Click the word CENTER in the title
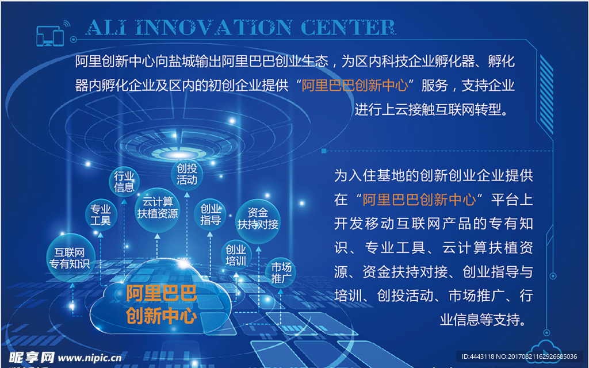[x=348, y=27]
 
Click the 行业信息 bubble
[x=124, y=181]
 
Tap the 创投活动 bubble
[x=187, y=174]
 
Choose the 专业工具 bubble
[x=101, y=214]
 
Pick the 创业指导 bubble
[x=211, y=214]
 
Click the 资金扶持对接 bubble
[x=258, y=218]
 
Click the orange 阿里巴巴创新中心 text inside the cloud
[x=162, y=305]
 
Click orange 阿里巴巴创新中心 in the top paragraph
[x=355, y=86]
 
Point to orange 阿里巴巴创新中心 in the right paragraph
[x=419, y=200]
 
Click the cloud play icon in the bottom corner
[x=542, y=350]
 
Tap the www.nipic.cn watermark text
[x=90, y=358]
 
